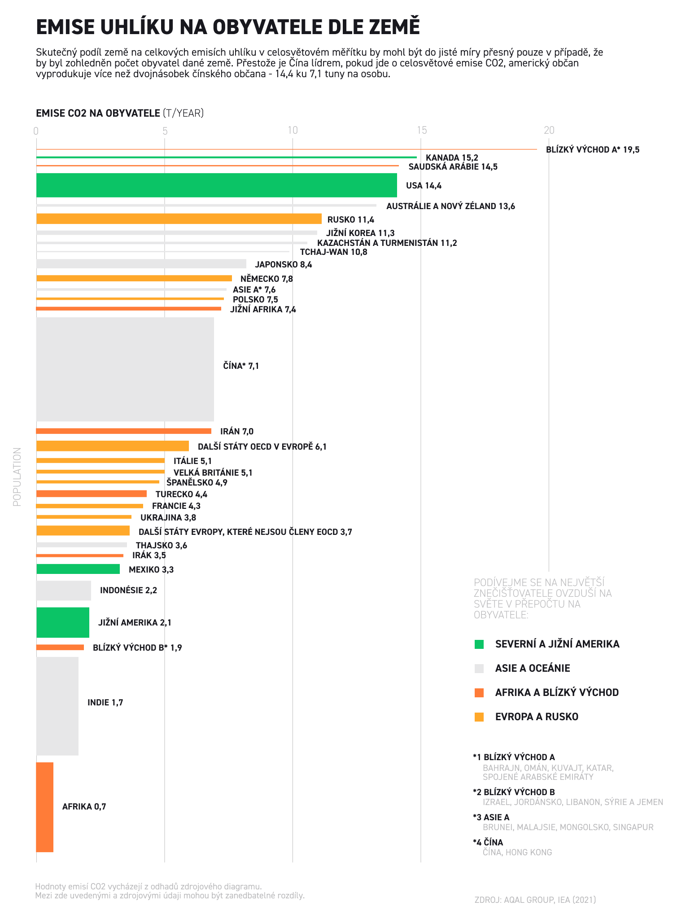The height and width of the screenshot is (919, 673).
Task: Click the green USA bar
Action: tap(216, 185)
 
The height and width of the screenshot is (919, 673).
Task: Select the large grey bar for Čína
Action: tap(125, 369)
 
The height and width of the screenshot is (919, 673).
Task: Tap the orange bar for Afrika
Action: tap(44, 807)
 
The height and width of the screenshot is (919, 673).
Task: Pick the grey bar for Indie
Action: tap(57, 706)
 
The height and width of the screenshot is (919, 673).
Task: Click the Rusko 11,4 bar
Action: tap(179, 219)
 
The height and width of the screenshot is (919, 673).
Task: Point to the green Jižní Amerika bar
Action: tap(62, 622)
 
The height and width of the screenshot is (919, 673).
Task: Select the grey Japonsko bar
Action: tap(141, 264)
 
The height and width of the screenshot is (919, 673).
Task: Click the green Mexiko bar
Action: tap(78, 569)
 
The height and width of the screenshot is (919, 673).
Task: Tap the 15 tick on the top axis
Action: tap(421, 131)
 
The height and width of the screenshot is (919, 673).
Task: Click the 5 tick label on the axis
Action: tap(165, 131)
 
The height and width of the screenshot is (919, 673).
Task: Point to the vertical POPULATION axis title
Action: tap(17, 477)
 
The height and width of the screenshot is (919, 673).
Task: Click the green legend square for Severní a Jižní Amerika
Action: tap(479, 644)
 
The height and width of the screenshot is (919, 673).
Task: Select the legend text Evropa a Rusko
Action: tap(537, 717)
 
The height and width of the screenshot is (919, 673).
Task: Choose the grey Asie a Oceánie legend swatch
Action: tap(479, 669)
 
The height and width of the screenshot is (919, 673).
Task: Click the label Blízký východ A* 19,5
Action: tap(592, 150)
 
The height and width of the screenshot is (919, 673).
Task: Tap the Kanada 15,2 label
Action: tap(452, 158)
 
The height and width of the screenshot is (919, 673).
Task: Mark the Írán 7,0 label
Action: tap(237, 432)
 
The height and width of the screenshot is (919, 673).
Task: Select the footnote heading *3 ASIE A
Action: tap(491, 817)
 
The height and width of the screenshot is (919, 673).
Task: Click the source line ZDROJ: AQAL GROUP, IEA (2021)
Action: tap(535, 900)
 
